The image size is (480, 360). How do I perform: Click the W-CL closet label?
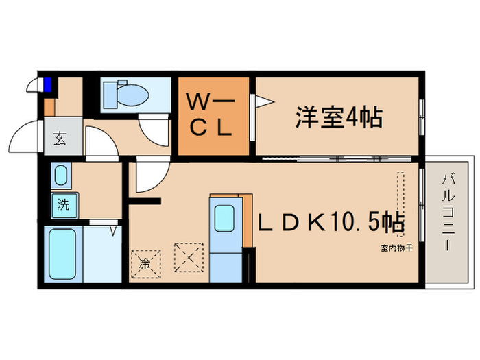(213, 117)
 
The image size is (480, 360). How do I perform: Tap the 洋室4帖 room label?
(338, 117)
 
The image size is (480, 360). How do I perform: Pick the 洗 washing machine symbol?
(64, 204)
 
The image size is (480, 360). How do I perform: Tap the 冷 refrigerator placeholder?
(145, 261)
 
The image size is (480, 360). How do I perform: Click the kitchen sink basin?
(224, 219)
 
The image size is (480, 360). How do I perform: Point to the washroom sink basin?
(60, 176)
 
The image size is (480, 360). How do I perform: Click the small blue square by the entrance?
(48, 85)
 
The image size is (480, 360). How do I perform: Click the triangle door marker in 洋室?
(264, 102)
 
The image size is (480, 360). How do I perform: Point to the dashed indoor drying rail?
(400, 198)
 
